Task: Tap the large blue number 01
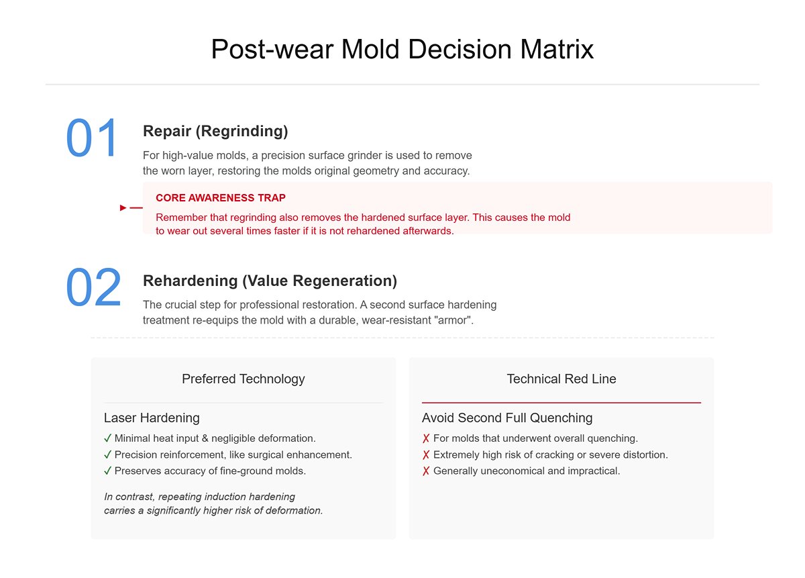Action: click(x=92, y=139)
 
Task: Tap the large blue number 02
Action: click(x=93, y=288)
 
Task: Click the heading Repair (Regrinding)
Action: click(x=215, y=130)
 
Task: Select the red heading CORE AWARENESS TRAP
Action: click(x=221, y=198)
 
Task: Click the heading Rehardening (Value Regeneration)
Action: click(x=270, y=280)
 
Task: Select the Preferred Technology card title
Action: click(x=243, y=379)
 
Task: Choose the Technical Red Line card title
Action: click(x=561, y=379)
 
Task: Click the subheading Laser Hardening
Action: click(x=152, y=418)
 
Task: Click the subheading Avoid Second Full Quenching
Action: click(x=507, y=418)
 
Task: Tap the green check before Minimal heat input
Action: click(x=108, y=438)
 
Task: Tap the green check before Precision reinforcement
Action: click(x=108, y=454)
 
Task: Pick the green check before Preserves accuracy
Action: click(x=108, y=471)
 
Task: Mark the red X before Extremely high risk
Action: click(x=426, y=454)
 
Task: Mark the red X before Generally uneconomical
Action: click(x=426, y=471)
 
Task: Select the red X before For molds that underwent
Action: click(x=426, y=438)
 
